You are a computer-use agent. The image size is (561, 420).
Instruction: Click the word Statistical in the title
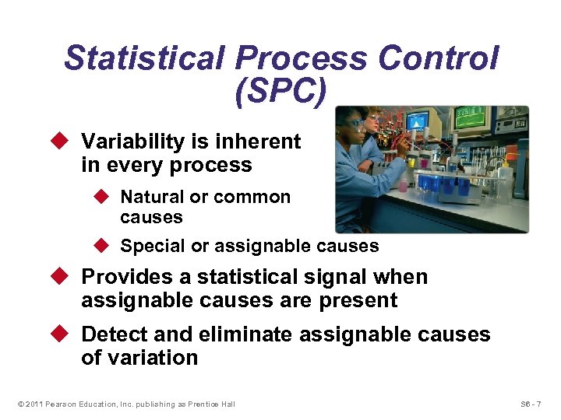point(143,59)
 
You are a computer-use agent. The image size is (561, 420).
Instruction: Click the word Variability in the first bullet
point(133,142)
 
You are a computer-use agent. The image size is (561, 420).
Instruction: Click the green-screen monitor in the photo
point(470,119)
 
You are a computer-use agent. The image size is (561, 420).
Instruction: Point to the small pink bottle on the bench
point(403,184)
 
